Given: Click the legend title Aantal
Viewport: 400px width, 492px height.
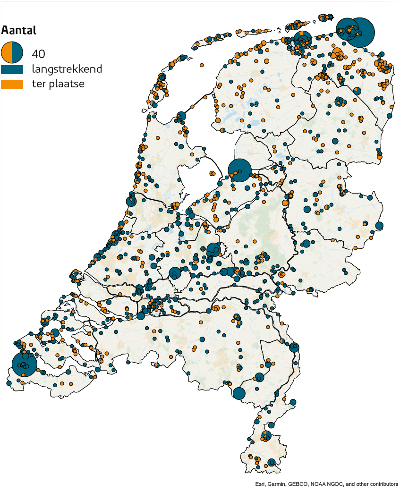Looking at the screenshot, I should click(x=19, y=30).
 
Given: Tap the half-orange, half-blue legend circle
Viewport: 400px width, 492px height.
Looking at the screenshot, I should click(x=12, y=52).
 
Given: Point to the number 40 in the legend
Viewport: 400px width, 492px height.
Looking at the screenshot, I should click(x=38, y=53).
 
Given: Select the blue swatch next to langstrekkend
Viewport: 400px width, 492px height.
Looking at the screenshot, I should click(x=12, y=69).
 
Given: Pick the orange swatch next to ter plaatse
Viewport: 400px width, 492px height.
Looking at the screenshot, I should click(x=12, y=85).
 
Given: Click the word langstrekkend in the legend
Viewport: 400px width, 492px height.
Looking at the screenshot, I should click(x=67, y=69).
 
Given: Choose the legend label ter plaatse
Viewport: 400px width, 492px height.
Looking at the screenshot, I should click(x=58, y=85).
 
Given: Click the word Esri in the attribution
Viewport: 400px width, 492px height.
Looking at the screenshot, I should click(x=260, y=484).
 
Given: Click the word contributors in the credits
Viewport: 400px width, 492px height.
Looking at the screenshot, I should click(x=382, y=484).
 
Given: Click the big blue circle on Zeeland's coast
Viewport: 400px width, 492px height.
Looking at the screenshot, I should click(x=24, y=364).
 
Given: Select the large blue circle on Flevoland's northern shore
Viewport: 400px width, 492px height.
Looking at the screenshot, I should click(x=239, y=170).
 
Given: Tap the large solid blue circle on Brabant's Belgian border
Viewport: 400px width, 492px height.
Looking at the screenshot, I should click(x=239, y=393).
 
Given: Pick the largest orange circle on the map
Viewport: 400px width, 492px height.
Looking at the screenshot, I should click(x=337, y=53).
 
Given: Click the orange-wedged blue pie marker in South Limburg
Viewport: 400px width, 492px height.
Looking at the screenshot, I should click(x=266, y=435).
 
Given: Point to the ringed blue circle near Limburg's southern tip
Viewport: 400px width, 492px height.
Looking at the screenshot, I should click(x=271, y=462).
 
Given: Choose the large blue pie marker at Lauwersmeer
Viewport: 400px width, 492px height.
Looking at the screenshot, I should click(x=302, y=39).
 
